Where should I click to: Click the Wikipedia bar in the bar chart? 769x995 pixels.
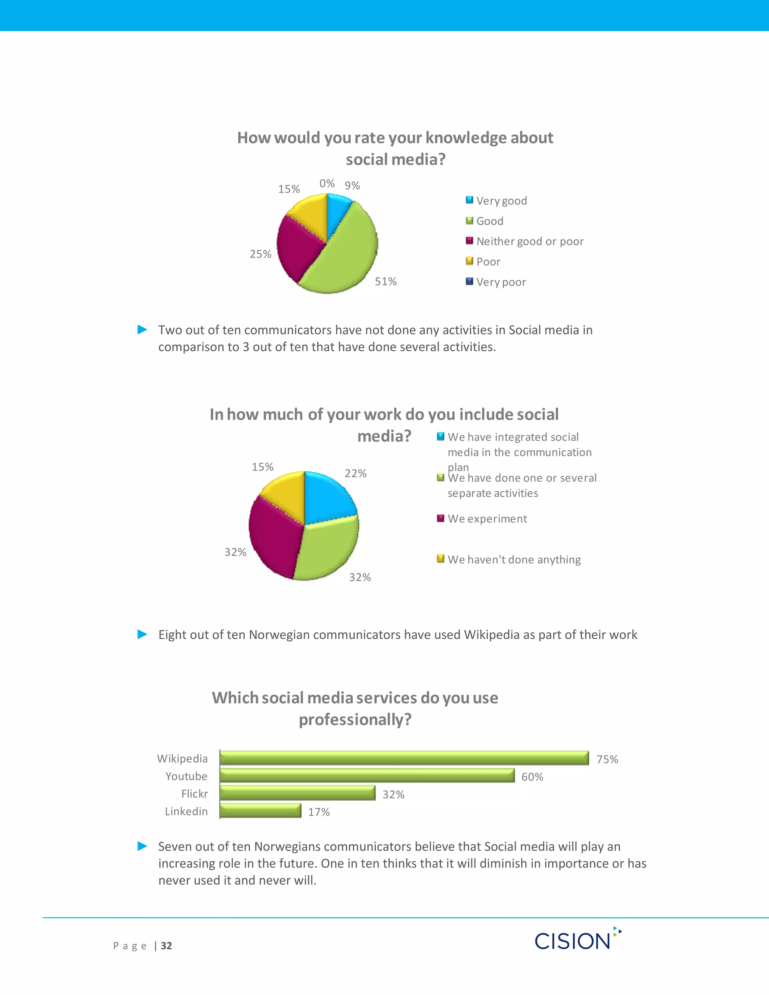point(404,758)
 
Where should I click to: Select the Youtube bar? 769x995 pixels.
point(367,775)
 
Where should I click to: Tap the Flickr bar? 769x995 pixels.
point(297,793)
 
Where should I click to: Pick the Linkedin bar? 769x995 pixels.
point(260,811)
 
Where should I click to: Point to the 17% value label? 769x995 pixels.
point(319,812)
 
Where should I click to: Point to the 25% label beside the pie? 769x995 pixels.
point(261,254)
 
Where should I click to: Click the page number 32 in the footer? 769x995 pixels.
point(166,946)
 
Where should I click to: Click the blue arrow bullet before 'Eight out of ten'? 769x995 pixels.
point(143,634)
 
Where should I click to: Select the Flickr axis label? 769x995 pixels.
point(195,794)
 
